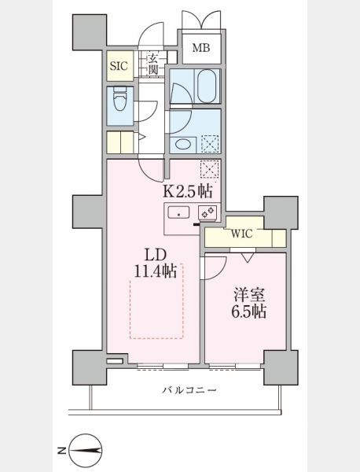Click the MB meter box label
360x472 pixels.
[201, 47]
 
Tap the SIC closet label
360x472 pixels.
[119, 66]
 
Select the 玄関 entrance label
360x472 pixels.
[152, 65]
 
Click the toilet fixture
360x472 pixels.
[119, 99]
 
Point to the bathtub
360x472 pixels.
[208, 86]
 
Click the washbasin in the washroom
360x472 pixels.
[182, 144]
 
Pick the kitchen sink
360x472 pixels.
[178, 212]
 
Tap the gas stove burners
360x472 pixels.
[208, 211]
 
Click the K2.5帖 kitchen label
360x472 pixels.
[187, 190]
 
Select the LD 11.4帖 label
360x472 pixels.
[155, 264]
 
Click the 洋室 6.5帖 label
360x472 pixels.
[248, 304]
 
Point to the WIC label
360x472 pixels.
[242, 234]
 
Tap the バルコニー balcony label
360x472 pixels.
[189, 390]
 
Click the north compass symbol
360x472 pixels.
[86, 451]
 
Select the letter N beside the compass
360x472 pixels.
[62, 451]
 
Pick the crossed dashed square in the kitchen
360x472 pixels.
[210, 169]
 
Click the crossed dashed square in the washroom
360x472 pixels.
[210, 144]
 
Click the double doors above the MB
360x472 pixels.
[201, 20]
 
